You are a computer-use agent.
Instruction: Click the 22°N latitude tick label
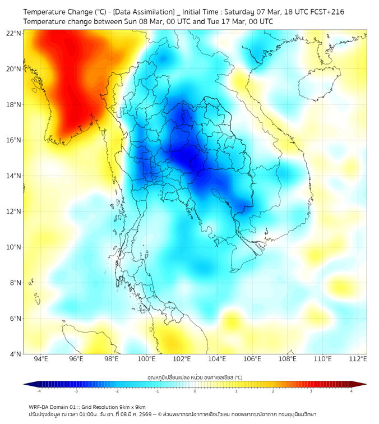pos(14,33)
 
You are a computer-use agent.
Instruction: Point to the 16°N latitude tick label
pos(14,140)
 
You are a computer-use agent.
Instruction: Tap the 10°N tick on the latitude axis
pos(14,247)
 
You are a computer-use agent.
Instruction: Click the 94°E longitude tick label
pos(41,359)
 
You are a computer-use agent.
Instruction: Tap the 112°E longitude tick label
pos(358,359)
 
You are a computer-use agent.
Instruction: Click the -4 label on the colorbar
pos(39,391)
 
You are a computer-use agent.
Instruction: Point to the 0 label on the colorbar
pos(195,391)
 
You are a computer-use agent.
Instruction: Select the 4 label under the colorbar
pos(351,391)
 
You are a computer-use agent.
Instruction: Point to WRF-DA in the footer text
pos(39,407)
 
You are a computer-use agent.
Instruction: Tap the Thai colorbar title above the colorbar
pos(195,377)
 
